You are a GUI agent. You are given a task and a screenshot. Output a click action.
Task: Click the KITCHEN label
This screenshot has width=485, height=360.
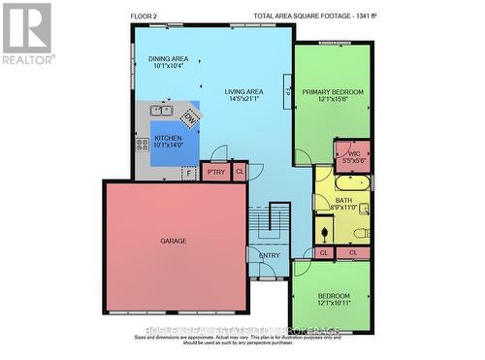point(168,138)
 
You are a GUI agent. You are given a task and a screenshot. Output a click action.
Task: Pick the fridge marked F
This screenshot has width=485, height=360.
point(189,173)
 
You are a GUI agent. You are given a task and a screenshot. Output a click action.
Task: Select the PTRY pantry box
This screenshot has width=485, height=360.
point(214,173)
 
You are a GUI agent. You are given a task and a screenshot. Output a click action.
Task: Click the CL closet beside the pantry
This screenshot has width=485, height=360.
point(240,172)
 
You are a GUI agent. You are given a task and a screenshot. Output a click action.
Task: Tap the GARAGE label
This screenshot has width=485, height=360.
point(174,241)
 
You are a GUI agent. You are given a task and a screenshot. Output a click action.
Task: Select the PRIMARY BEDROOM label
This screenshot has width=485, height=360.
point(332,93)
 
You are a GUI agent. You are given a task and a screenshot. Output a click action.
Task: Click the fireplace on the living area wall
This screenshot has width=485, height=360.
point(288,87)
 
